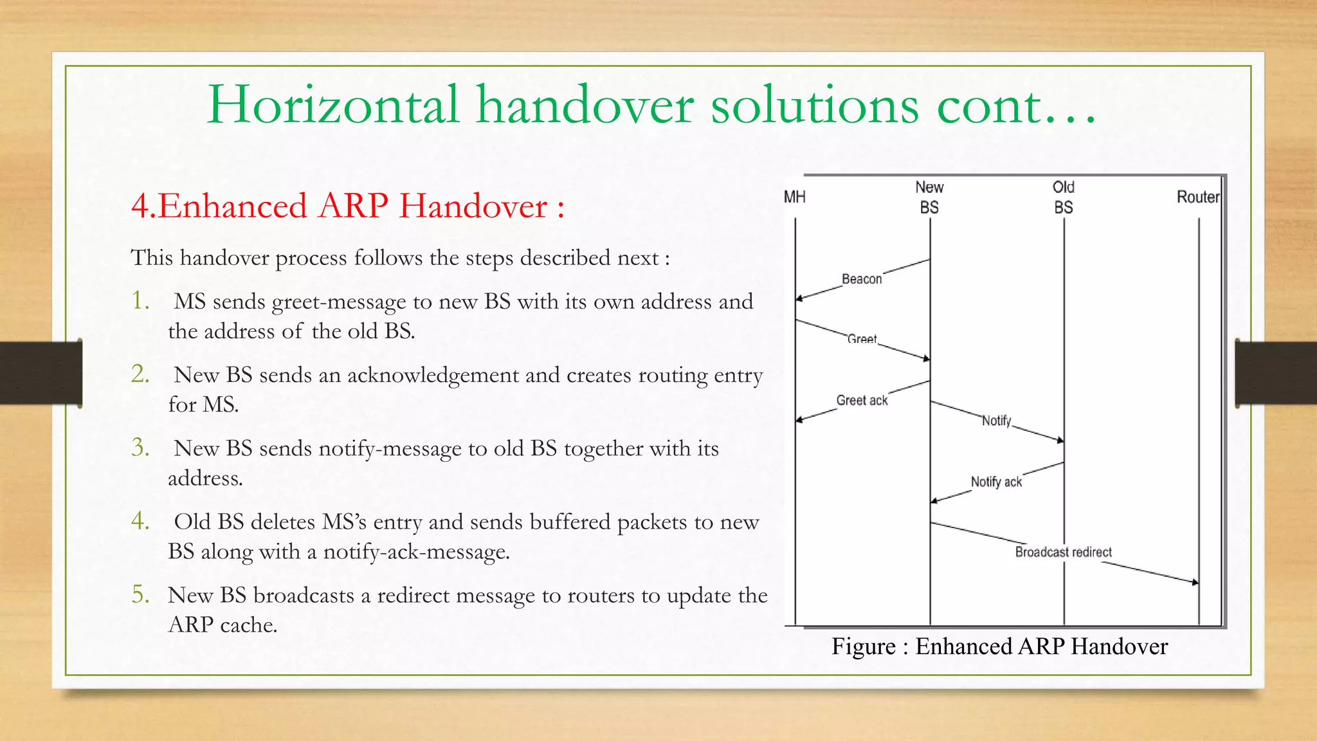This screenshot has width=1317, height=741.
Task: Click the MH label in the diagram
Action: (x=794, y=197)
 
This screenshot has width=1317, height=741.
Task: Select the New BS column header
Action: (x=929, y=197)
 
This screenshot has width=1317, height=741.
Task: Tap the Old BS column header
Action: (x=1063, y=197)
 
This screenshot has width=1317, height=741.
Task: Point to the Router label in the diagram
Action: (x=1197, y=197)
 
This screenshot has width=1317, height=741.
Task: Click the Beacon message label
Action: (x=862, y=279)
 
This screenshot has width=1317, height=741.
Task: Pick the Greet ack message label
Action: (x=862, y=400)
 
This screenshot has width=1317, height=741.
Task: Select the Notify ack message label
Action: (x=996, y=482)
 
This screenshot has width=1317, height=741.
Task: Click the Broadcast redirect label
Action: (x=1063, y=552)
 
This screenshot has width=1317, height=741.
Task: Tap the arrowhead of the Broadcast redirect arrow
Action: (x=1195, y=583)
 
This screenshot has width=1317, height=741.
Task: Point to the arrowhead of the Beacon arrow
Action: (x=799, y=298)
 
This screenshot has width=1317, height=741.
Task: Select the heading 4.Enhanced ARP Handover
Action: (x=347, y=206)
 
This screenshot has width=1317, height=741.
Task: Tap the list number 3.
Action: (x=140, y=448)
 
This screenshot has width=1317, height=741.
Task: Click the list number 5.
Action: (x=140, y=595)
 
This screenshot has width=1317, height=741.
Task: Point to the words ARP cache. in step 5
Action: (x=223, y=625)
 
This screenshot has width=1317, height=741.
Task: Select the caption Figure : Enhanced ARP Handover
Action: (x=999, y=646)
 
